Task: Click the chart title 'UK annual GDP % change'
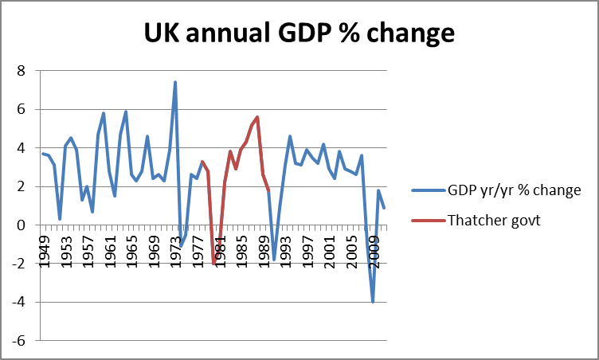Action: point(299,33)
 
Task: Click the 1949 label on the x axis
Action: point(44,252)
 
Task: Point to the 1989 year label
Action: point(263,252)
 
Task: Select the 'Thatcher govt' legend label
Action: point(498,221)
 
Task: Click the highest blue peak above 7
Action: point(175,82)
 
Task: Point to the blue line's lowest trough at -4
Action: point(373,302)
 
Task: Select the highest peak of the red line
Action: point(257,117)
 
